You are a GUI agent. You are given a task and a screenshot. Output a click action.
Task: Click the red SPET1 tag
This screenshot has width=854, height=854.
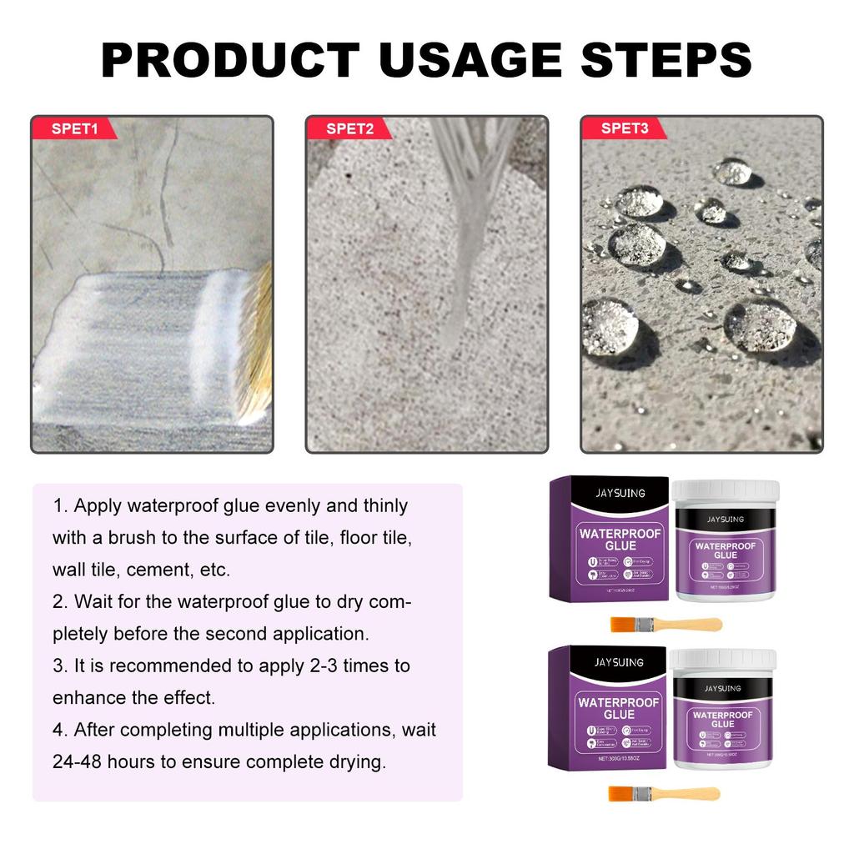pos(74,128)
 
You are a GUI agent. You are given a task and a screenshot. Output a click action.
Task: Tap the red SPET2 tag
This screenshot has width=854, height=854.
pos(349,128)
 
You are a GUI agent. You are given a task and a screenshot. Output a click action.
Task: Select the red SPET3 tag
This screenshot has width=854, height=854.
pos(624,128)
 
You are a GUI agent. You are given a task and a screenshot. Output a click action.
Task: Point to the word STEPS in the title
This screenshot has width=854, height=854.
pos(662,60)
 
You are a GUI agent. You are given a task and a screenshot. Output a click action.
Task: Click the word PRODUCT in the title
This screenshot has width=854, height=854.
pos(230,60)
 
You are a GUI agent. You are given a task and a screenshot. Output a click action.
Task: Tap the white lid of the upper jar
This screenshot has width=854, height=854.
pos(726,492)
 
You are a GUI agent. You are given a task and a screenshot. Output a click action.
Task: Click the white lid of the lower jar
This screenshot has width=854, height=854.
pos(723,661)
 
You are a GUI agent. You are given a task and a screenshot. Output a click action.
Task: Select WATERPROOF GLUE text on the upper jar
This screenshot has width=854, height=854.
pos(726,550)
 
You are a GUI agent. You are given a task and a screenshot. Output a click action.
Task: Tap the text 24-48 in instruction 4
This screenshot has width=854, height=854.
pos(80,762)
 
